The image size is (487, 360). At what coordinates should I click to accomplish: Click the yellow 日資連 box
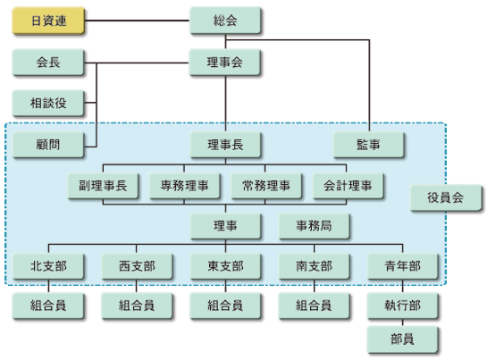(47, 21)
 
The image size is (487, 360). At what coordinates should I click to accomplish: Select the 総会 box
(225, 21)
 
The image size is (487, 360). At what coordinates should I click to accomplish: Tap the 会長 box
(47, 63)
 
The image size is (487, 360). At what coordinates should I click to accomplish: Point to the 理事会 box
(225, 63)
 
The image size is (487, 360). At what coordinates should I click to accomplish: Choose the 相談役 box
(47, 103)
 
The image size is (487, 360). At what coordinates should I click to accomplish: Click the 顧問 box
(47, 145)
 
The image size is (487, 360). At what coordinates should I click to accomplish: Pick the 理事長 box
(225, 145)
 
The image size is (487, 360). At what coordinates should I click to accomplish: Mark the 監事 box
(368, 145)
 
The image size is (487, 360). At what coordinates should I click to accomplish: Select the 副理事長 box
(103, 186)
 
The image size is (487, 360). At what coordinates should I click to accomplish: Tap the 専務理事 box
(185, 186)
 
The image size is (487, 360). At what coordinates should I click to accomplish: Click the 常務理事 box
(266, 186)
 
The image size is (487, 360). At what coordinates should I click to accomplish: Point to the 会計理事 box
(348, 186)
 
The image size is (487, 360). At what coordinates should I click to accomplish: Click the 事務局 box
(315, 227)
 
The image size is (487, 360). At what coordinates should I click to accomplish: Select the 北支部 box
(47, 266)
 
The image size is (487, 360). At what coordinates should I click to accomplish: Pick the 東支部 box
(225, 266)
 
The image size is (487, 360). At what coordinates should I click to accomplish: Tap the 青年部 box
(403, 266)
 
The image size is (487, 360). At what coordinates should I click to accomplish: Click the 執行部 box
(403, 306)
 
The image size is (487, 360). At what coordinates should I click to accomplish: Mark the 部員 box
(403, 339)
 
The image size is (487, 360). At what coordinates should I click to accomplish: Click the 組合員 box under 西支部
(137, 306)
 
